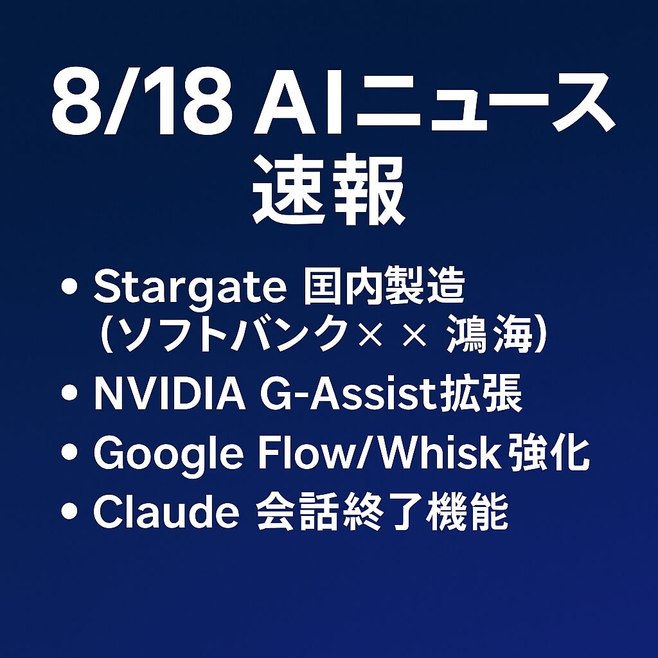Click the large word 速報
pyautogui.click(x=328, y=190)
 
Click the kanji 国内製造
pyautogui.click(x=384, y=287)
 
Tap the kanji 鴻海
pyautogui.click(x=490, y=334)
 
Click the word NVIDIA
pyautogui.click(x=170, y=395)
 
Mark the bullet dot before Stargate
pyautogui.click(x=69, y=287)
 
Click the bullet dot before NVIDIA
pyautogui.click(x=69, y=393)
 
